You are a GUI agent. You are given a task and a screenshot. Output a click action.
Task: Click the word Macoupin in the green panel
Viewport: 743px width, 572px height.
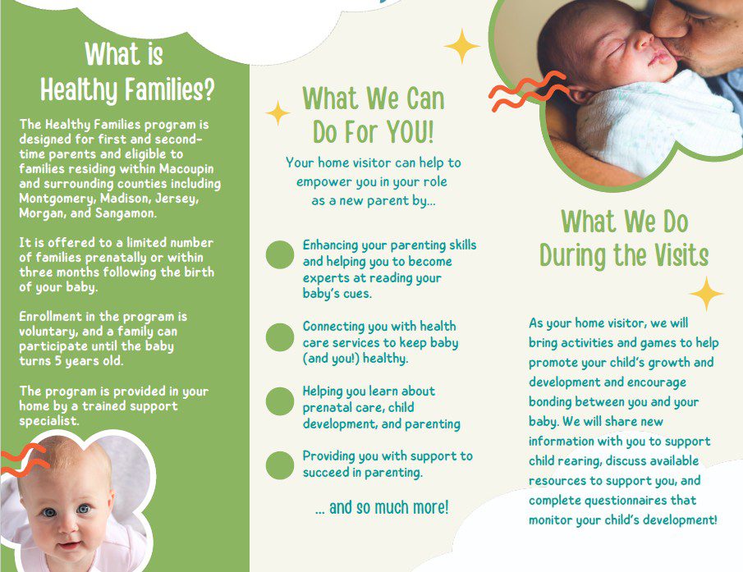[186, 168]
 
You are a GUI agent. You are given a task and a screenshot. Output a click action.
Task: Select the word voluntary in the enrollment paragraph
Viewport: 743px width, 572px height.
[47, 332]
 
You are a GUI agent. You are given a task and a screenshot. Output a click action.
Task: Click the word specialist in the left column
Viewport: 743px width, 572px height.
[48, 420]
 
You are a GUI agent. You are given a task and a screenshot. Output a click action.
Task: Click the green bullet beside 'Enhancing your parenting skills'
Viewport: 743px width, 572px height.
[280, 254]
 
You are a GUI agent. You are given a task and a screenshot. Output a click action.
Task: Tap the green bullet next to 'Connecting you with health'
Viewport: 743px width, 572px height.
[280, 337]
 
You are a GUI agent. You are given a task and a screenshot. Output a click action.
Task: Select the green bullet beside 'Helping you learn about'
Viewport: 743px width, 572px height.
[280, 401]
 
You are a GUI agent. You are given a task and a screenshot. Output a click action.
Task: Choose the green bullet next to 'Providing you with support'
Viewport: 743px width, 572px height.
[280, 465]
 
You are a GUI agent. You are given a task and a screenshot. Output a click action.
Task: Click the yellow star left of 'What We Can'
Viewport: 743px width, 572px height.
[277, 113]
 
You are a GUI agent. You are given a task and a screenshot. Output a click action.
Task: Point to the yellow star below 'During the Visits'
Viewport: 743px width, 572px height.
[706, 294]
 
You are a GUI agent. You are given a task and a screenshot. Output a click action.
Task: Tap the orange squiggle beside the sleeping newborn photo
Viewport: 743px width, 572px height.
[527, 91]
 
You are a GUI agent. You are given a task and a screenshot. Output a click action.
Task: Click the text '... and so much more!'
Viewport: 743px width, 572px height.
[382, 508]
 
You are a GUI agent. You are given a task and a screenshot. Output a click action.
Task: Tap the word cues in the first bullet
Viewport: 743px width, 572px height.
[357, 294]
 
